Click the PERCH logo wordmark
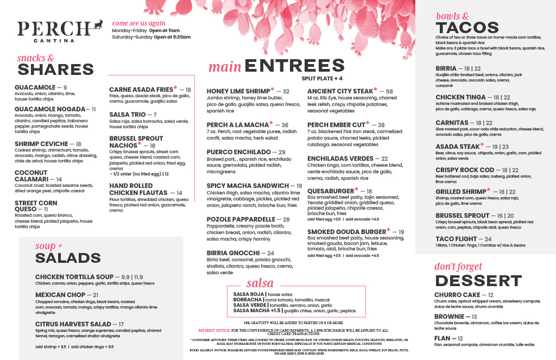[53, 29]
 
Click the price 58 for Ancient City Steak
[389, 91]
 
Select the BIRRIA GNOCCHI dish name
[232, 253]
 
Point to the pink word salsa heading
[260, 283]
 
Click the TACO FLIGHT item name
[456, 239]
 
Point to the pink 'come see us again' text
[138, 23]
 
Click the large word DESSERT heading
[471, 280]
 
